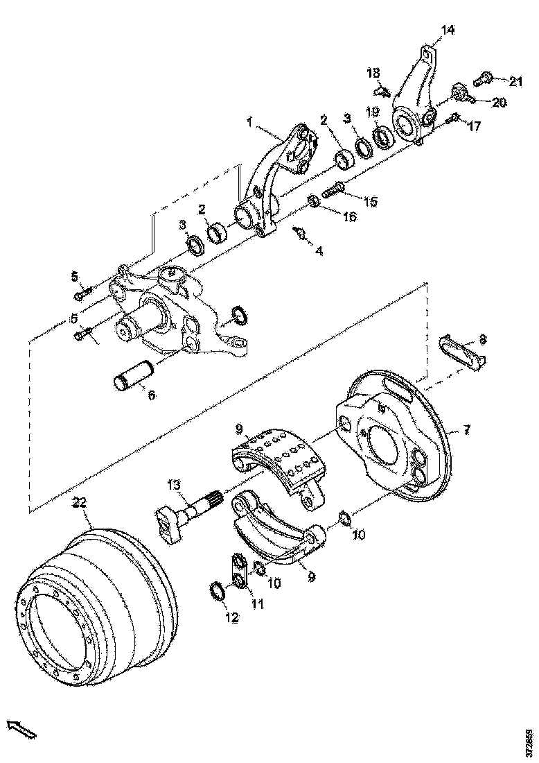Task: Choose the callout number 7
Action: point(466,431)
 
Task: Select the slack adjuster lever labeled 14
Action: point(414,97)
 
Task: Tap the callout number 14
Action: point(448,30)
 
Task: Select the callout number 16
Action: point(348,216)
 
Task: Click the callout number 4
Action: point(319,250)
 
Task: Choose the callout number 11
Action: point(257,603)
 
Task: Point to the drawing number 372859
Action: point(529,741)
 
